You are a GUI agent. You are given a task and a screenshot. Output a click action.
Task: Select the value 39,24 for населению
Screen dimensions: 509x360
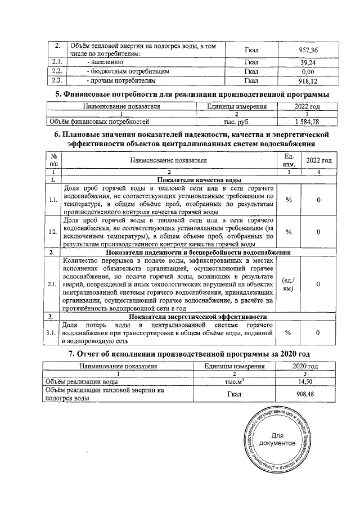(307, 62)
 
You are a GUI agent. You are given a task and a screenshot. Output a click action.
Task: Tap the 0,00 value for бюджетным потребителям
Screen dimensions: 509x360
(307, 71)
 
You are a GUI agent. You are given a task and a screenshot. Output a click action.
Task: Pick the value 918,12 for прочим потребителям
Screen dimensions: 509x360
(307, 80)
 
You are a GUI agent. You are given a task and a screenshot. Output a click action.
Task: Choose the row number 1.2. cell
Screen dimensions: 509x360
(52, 232)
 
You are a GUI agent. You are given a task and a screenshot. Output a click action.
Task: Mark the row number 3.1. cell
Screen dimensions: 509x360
(52, 333)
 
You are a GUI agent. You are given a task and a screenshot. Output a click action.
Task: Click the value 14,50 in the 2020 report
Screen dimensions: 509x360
(307, 381)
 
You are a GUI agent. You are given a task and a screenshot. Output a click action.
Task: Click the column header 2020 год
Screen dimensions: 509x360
(307, 366)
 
